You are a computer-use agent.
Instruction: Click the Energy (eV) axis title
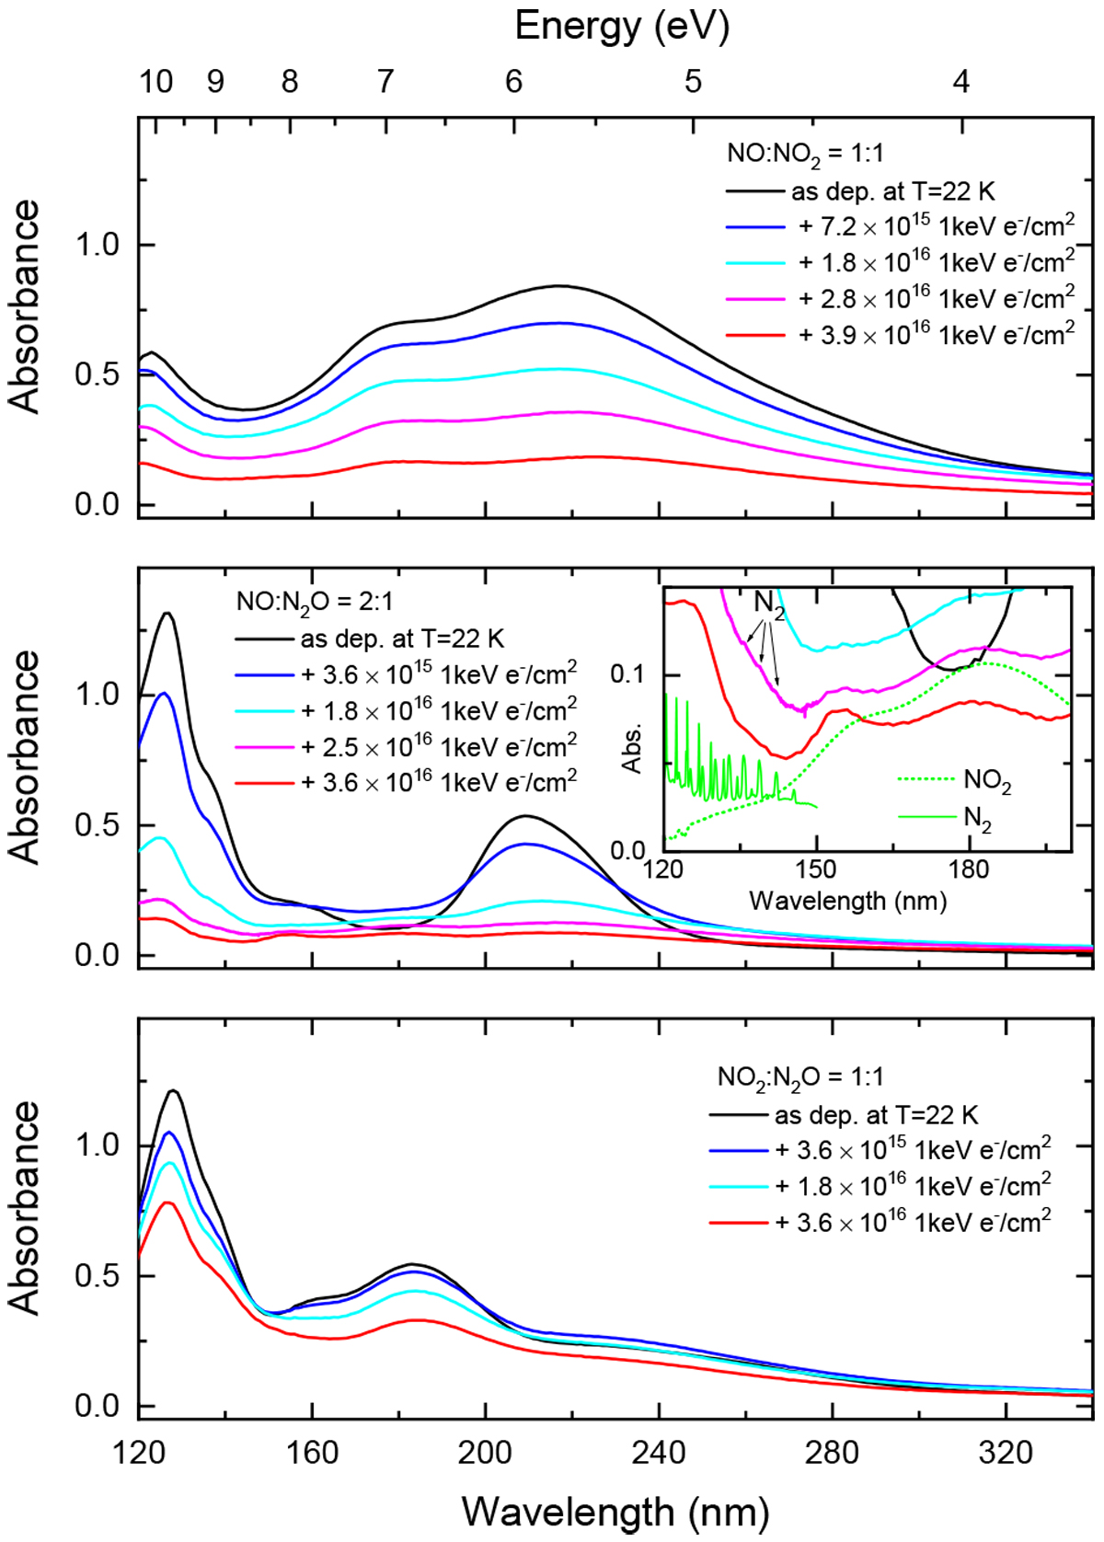click(622, 27)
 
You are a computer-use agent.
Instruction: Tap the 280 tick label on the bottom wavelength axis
click(832, 1453)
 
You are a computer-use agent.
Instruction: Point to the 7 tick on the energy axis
click(385, 82)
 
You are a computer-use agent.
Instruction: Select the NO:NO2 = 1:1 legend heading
click(805, 153)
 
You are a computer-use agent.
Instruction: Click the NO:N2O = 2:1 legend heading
click(315, 602)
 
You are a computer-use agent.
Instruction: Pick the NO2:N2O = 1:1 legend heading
click(800, 1076)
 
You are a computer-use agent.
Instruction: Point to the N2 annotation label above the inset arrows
click(769, 604)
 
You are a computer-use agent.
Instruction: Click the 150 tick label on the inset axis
click(815, 869)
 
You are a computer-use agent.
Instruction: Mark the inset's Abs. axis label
click(631, 748)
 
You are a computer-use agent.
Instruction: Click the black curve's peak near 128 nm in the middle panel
click(167, 613)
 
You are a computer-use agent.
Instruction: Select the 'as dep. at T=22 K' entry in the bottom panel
click(876, 1115)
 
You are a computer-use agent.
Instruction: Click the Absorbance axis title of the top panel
click(26, 306)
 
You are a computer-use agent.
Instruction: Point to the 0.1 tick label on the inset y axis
click(627, 674)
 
